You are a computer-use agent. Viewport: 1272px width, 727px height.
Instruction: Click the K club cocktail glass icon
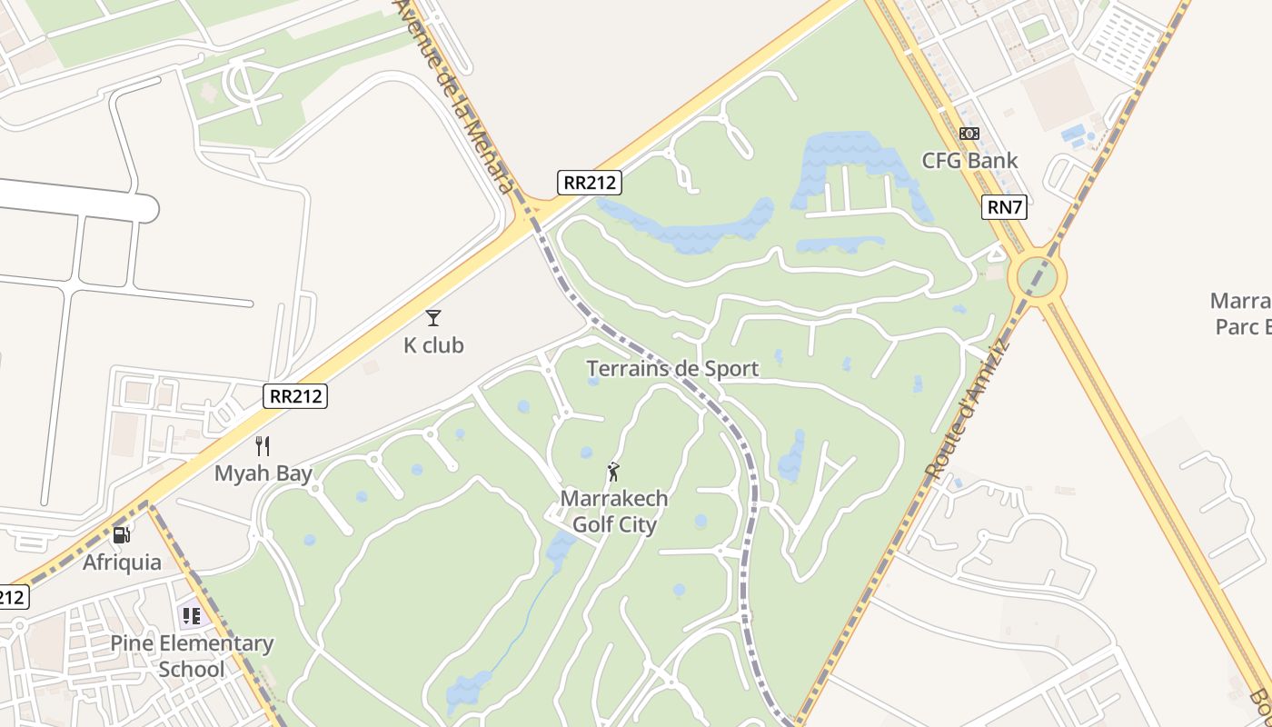coord(433,317)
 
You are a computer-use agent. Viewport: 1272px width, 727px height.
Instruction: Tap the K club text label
coord(433,345)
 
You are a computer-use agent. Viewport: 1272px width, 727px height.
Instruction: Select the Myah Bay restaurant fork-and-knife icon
coord(263,446)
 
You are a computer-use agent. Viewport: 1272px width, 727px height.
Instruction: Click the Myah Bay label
coord(263,473)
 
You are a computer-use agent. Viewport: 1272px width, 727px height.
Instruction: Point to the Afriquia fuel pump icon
coord(122,534)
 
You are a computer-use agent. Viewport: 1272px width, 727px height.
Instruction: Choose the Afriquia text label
coord(122,563)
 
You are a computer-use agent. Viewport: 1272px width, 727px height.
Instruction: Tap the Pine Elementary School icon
coord(191,616)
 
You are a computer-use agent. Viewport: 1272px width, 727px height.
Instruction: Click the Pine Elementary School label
coord(192,656)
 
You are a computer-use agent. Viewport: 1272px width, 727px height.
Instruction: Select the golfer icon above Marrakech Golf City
coord(614,472)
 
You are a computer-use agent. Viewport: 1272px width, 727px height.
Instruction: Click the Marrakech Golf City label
coord(614,512)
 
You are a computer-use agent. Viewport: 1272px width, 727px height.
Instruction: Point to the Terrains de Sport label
coord(672,368)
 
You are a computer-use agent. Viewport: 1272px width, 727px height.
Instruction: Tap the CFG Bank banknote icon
coord(969,134)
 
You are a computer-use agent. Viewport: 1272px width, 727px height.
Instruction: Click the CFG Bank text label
coord(969,161)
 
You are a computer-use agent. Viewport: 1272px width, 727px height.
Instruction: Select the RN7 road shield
coord(1005,207)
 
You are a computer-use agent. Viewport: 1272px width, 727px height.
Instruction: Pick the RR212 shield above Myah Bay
coord(295,396)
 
